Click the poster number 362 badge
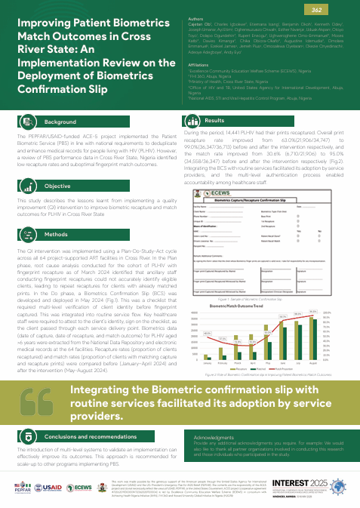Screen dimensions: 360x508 pos(339,8)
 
